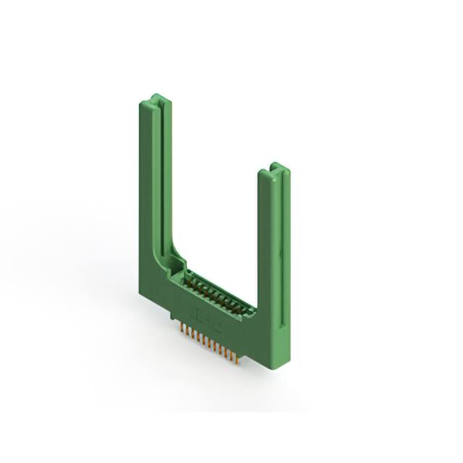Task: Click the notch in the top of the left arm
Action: (x=158, y=99)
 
